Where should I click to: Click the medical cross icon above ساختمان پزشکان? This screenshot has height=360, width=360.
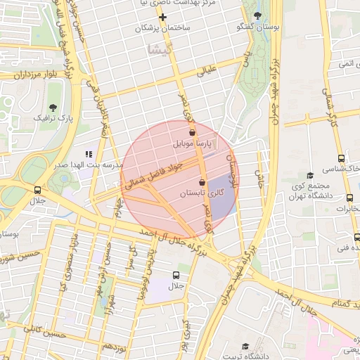[162, 16]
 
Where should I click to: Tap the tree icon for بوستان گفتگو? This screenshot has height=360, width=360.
[257, 15]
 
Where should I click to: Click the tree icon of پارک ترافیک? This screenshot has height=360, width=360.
[53, 107]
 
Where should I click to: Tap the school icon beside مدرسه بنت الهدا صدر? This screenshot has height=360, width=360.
[89, 153]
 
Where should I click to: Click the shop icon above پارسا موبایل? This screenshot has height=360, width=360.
[192, 131]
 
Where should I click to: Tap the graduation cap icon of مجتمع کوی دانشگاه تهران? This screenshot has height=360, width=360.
[309, 175]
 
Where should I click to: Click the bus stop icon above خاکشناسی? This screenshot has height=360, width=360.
[341, 158]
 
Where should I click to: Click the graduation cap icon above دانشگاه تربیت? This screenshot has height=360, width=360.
[245, 346]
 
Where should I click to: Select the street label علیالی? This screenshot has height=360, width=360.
[209, 70]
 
